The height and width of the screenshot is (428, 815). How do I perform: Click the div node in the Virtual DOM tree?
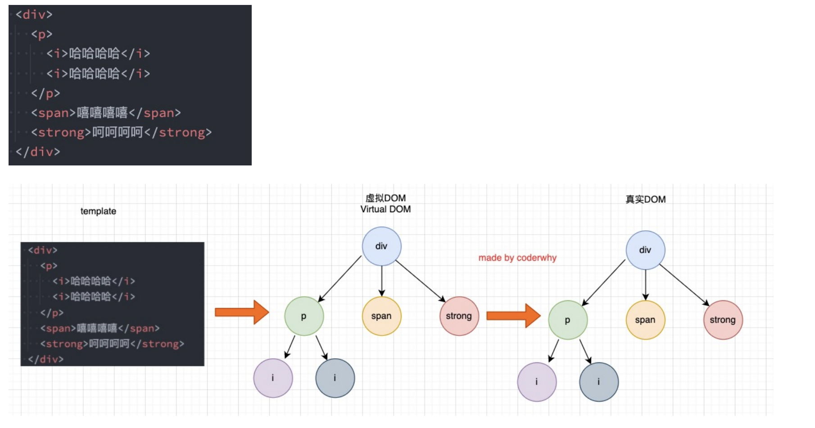pyautogui.click(x=381, y=246)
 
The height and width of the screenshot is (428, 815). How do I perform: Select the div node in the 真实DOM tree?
pyautogui.click(x=645, y=250)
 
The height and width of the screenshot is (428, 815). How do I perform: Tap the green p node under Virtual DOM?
pyautogui.click(x=304, y=316)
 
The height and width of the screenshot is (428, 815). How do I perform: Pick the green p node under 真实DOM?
pyautogui.click(x=568, y=320)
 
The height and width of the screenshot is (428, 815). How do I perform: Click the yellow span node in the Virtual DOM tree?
pyautogui.click(x=381, y=316)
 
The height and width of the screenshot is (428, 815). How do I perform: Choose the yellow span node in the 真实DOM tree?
pyautogui.click(x=645, y=320)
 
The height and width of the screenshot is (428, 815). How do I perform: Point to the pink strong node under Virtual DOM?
pyautogui.click(x=459, y=316)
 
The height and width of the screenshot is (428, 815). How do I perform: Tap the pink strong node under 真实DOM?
pyautogui.click(x=723, y=320)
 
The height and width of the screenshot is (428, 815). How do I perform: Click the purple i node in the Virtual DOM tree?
pyautogui.click(x=273, y=378)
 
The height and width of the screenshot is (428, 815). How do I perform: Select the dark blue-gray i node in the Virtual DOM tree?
pyautogui.click(x=335, y=378)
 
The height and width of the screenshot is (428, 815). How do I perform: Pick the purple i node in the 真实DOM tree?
pyautogui.click(x=537, y=382)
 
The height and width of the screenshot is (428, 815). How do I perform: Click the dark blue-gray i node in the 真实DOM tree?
pyautogui.click(x=599, y=382)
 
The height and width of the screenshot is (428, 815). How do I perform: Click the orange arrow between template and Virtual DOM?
pyautogui.click(x=242, y=312)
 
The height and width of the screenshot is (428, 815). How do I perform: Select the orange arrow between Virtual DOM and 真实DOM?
pyautogui.click(x=514, y=316)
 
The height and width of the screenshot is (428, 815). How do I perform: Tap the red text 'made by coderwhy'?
pyautogui.click(x=517, y=258)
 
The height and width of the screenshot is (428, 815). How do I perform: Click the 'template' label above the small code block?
pyautogui.click(x=98, y=211)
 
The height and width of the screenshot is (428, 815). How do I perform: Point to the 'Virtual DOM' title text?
pyautogui.click(x=385, y=209)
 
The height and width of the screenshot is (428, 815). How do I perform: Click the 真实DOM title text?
pyautogui.click(x=645, y=199)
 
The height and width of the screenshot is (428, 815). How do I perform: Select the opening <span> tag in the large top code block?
pyautogui.click(x=54, y=113)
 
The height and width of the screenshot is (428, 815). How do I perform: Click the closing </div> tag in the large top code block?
pyautogui.click(x=38, y=152)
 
